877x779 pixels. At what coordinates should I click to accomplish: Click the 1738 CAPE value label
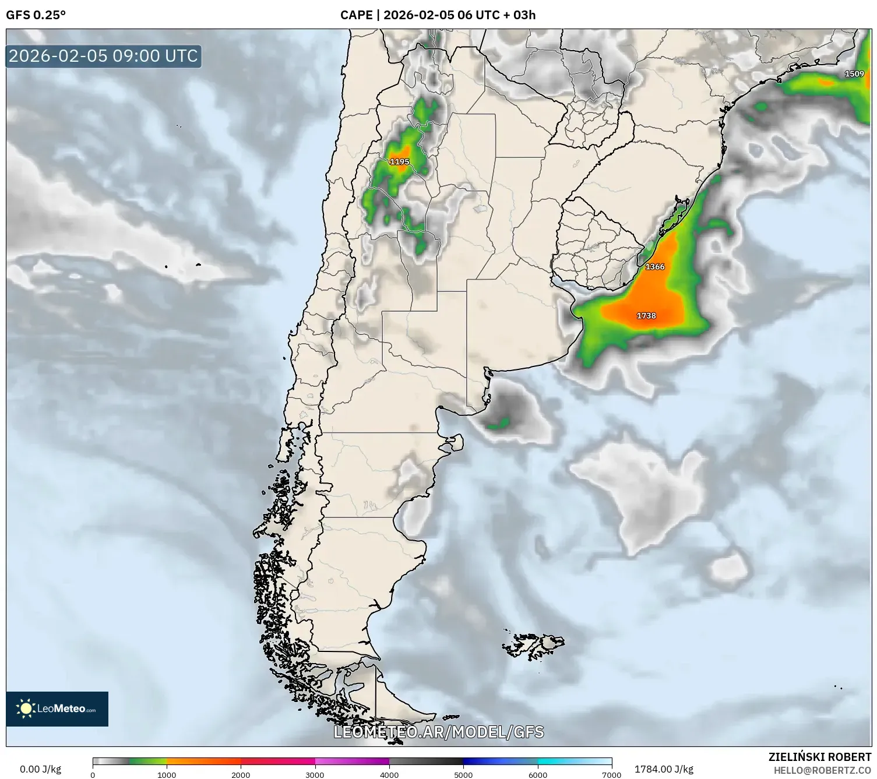click(646, 316)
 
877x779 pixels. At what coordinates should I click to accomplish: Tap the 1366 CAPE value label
click(655, 267)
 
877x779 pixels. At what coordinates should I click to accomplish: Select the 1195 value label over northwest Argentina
click(399, 162)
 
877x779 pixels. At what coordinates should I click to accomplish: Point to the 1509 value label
click(854, 74)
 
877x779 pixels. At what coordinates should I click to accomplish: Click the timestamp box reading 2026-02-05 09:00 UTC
click(104, 56)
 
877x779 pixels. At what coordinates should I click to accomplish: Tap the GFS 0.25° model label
click(36, 15)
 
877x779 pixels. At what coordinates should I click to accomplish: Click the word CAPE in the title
click(356, 15)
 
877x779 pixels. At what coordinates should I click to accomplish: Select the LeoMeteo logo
click(57, 708)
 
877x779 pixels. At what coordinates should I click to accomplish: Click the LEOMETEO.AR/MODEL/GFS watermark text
click(439, 732)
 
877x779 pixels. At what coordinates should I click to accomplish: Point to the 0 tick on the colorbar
click(93, 774)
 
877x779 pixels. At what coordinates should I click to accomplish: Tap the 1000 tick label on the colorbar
click(167, 774)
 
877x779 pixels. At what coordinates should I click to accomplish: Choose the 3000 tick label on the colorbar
click(315, 774)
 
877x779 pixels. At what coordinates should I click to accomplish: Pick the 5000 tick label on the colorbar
click(463, 774)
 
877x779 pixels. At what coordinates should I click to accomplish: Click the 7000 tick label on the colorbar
click(611, 774)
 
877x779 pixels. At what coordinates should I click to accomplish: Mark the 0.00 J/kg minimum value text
click(41, 769)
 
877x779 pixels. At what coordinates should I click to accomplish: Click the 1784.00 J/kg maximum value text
click(664, 769)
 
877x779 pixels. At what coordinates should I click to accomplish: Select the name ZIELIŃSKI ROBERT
click(820, 757)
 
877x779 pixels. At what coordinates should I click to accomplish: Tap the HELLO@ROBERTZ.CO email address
click(822, 770)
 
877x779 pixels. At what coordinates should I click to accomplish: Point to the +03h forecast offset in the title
click(520, 15)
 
